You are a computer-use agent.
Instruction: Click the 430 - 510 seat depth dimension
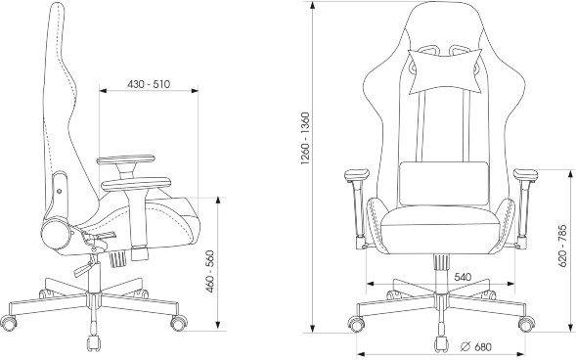tap(149, 84)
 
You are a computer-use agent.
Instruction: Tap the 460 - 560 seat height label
tap(209, 271)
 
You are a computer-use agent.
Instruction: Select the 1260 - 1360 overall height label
tap(305, 138)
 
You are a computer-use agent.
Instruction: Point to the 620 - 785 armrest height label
tap(562, 246)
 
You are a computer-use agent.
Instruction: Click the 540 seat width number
tap(463, 277)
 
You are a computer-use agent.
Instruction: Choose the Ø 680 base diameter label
tap(475, 346)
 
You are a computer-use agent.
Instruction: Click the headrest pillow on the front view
tap(445, 70)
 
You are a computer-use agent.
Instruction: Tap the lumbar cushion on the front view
tap(444, 183)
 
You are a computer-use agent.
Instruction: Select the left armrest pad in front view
tap(357, 175)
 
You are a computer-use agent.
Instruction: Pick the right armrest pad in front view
tap(525, 175)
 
